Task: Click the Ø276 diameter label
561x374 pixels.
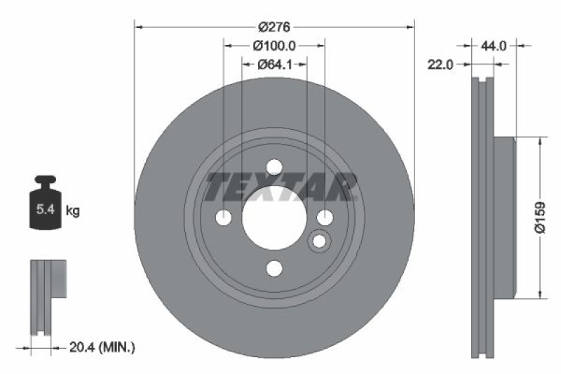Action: coord(274,27)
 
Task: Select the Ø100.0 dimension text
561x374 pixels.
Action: coord(274,46)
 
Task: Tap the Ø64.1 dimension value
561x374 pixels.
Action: coord(274,64)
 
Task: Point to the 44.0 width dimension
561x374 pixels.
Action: coord(494,46)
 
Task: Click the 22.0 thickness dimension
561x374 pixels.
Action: coord(441,64)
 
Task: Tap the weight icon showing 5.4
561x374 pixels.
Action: coord(43,203)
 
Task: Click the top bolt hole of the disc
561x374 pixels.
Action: coord(274,167)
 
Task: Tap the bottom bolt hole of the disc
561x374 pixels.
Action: coord(274,268)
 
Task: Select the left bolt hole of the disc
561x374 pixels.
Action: coord(224,218)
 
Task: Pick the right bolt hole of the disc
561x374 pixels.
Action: coord(325,218)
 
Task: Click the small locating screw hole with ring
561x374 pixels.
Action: coord(320,241)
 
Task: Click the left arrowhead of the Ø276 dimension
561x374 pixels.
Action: coord(138,27)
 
